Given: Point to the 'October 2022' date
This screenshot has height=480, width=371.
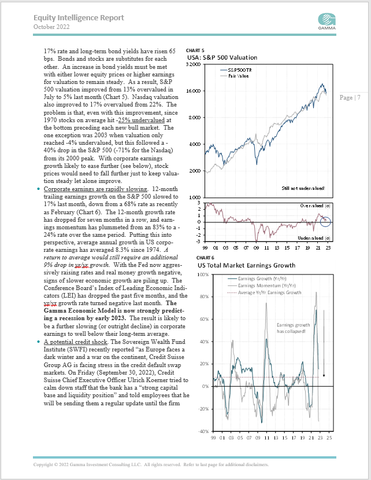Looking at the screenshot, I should pyautogui.click(x=52, y=27).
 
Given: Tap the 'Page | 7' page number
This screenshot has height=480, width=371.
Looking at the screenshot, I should pyautogui.click(x=350, y=97).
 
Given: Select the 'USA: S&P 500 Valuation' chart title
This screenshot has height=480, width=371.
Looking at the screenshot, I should pyautogui.click(x=222, y=57).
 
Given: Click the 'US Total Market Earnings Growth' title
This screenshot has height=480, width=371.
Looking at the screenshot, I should pyautogui.click(x=246, y=265).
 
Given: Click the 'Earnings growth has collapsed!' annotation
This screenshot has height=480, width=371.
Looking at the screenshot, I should pyautogui.click(x=292, y=328).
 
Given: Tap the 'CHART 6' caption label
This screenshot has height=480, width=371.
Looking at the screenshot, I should pyautogui.click(x=206, y=257).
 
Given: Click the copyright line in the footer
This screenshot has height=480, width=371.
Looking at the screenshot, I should pyautogui.click(x=151, y=464).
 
